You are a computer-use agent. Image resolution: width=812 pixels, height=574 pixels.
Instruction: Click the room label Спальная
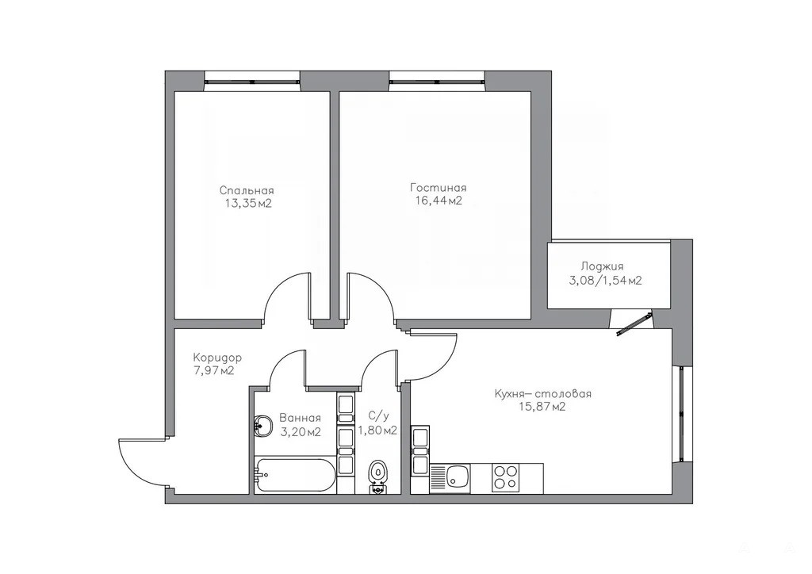247,190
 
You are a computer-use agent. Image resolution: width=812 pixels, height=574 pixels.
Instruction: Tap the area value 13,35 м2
248,204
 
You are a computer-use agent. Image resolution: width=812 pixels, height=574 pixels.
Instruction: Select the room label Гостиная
438,187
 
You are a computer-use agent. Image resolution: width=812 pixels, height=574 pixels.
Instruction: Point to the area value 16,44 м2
438,201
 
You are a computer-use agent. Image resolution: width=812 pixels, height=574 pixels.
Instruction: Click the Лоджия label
602,267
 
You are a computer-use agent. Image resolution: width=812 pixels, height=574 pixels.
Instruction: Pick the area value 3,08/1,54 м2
604,281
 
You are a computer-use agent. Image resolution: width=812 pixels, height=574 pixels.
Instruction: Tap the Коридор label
217,358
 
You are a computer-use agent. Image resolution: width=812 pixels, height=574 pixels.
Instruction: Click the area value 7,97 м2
213,370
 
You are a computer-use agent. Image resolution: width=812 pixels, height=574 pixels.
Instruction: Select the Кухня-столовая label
542,394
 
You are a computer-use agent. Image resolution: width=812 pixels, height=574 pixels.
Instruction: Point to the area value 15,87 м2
542,407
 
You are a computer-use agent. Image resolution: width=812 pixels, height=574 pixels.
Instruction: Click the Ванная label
300,418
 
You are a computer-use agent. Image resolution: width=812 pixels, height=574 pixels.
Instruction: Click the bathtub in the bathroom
295,475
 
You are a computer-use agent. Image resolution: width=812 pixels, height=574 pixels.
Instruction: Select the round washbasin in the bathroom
263,427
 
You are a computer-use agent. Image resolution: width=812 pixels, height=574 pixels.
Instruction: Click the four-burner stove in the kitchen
505,477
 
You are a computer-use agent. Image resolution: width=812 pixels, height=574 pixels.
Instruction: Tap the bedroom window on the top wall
252,81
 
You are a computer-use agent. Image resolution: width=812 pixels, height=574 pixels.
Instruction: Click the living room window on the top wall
438,81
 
